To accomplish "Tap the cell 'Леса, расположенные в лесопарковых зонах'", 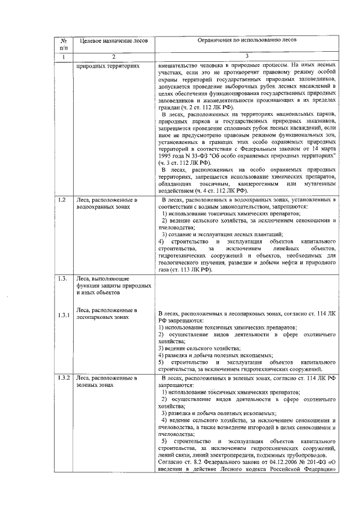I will click(x=107, y=313).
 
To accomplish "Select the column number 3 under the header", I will click(x=247, y=57).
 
